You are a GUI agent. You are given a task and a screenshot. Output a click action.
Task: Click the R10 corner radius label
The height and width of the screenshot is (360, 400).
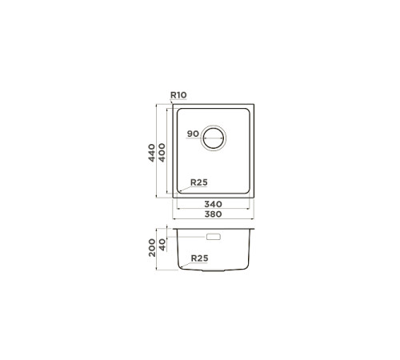pos(178,95)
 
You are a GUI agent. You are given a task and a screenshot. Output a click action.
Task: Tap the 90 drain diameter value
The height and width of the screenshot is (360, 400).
pos(193,134)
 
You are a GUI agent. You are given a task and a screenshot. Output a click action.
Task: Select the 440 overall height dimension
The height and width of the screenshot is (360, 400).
pos(152,153)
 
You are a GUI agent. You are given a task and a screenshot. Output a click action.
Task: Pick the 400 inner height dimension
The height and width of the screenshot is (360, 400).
pos(162,153)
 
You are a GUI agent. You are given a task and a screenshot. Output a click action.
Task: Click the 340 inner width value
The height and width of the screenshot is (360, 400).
pos(213,204)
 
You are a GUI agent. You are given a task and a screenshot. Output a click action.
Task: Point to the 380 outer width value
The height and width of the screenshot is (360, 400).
pos(213,214)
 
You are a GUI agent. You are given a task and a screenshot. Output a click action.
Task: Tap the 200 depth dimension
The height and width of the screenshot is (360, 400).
pos(152,248)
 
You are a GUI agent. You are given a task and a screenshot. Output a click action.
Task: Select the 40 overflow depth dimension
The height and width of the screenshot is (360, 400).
pos(162,245)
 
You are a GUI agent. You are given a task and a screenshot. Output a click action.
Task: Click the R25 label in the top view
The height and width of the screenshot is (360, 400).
pos(199,182)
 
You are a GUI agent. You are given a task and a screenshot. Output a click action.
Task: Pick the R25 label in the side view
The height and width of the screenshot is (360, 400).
pos(200,258)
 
